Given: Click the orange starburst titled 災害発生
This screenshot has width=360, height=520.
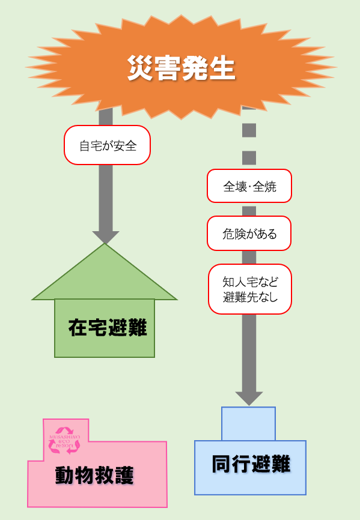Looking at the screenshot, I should point(180,67).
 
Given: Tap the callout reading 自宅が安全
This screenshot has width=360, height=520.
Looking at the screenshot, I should point(107,145).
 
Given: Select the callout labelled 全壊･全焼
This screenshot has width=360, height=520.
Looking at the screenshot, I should point(249,186).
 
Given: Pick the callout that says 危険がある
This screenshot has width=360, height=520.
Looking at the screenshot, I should point(249,234).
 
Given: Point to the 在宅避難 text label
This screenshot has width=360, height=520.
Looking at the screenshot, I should point(107,328).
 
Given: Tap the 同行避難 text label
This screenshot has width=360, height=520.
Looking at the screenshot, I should point(251,464).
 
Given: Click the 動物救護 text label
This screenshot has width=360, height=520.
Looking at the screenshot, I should point(94,476).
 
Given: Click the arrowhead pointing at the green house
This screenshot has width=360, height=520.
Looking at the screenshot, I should point(105,237).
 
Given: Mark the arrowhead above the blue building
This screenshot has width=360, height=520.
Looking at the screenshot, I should point(249,398).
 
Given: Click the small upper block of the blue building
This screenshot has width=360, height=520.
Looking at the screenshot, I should point(248,423).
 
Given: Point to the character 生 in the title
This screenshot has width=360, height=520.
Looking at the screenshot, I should point(222,68).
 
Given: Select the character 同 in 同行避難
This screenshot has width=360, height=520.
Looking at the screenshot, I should point(222,464).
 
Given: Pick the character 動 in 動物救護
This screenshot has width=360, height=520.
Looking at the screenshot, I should point(65,476).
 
